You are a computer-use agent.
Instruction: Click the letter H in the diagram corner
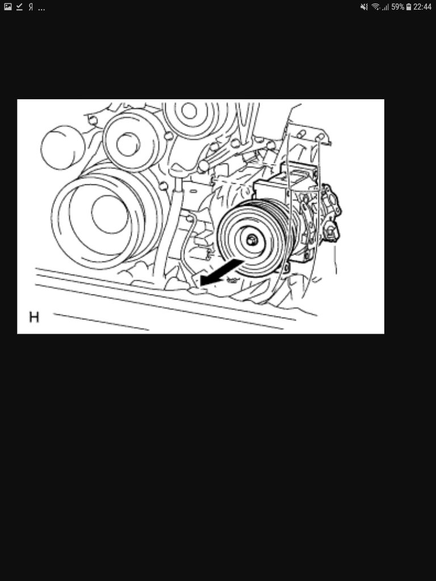tap(34, 317)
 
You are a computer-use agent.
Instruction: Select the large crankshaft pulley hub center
tap(110, 214)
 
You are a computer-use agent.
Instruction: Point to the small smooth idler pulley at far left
tap(62, 148)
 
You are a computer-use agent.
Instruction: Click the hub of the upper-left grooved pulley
tap(128, 144)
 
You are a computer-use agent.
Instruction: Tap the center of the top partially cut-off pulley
tap(189, 111)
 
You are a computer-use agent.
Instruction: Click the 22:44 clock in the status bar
tap(422, 7)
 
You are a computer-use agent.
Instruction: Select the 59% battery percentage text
tap(397, 7)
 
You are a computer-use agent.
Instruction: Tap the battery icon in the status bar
tap(409, 7)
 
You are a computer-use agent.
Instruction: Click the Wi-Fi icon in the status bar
tap(376, 7)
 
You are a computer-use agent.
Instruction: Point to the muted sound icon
tap(364, 7)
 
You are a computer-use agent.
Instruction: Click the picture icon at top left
tap(8, 7)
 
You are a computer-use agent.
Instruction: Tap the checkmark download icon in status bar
tap(20, 7)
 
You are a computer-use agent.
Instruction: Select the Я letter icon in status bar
tap(31, 7)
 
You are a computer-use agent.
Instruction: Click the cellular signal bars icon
tap(385, 7)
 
